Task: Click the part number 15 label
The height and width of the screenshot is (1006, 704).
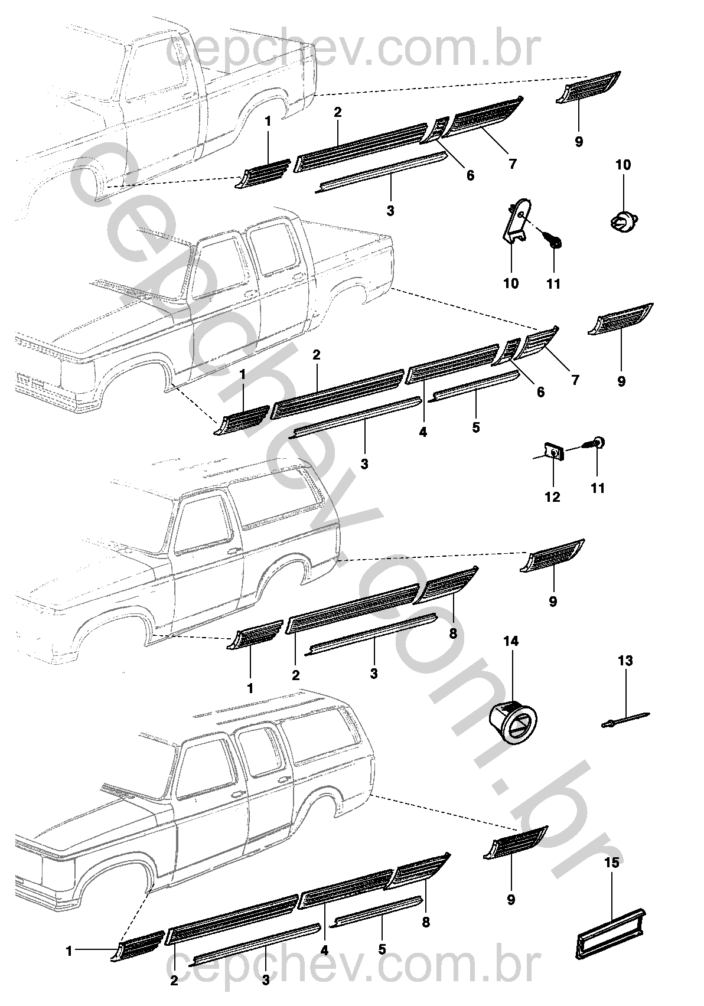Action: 612,863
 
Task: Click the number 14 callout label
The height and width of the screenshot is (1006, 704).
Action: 511,641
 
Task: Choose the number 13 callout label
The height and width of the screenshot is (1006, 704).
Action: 625,661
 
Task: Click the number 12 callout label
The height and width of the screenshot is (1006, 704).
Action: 552,497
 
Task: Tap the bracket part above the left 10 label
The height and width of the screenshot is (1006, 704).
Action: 516,221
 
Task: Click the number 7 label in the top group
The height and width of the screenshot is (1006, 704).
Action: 512,164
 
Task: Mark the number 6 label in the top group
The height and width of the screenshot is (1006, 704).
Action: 470,175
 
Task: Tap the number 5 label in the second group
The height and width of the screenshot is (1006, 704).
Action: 476,427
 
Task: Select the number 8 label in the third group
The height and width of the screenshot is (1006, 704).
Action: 453,633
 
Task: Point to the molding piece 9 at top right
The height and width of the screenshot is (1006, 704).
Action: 588,89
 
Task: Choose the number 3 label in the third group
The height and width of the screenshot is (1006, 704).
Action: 374,672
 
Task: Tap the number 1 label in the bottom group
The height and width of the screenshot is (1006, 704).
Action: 69,951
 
